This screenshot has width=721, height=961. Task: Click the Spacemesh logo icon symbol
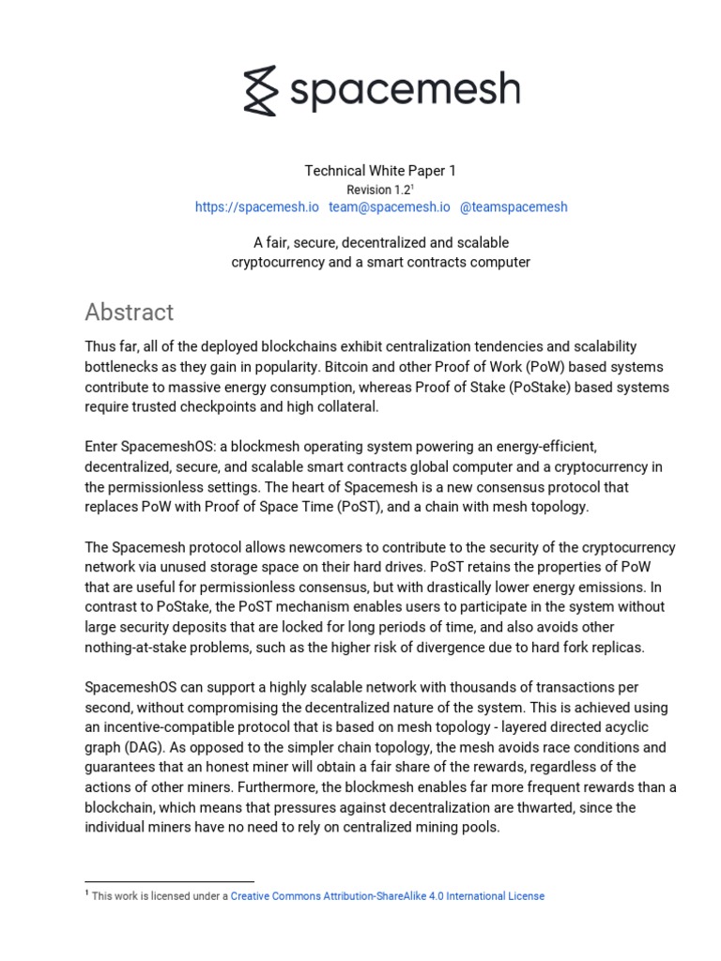[260, 91]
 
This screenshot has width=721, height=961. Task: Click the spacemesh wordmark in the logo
[403, 91]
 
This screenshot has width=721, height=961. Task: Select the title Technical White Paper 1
[380, 171]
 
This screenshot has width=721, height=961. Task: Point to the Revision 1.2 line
[380, 190]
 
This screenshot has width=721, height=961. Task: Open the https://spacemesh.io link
[256, 206]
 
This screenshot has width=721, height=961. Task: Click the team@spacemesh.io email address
[389, 206]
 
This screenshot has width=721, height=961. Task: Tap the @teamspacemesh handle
[514, 206]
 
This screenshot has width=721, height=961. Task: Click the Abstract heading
[129, 312]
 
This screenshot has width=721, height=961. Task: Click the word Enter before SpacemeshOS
[103, 448]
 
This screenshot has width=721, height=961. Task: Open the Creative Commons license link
[387, 896]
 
